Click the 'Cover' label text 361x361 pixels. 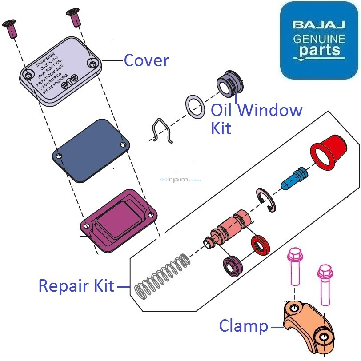(x=146, y=60)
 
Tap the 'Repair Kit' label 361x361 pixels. (x=76, y=285)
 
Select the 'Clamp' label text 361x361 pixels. (x=244, y=326)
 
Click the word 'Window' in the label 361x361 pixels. (x=270, y=110)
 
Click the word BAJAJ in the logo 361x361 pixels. (x=319, y=24)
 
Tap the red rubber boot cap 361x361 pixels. (x=329, y=150)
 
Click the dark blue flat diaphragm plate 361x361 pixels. (x=92, y=150)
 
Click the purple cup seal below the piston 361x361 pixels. (x=233, y=266)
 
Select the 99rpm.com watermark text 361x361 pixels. (x=180, y=180)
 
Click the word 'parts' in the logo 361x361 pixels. (x=319, y=51)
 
